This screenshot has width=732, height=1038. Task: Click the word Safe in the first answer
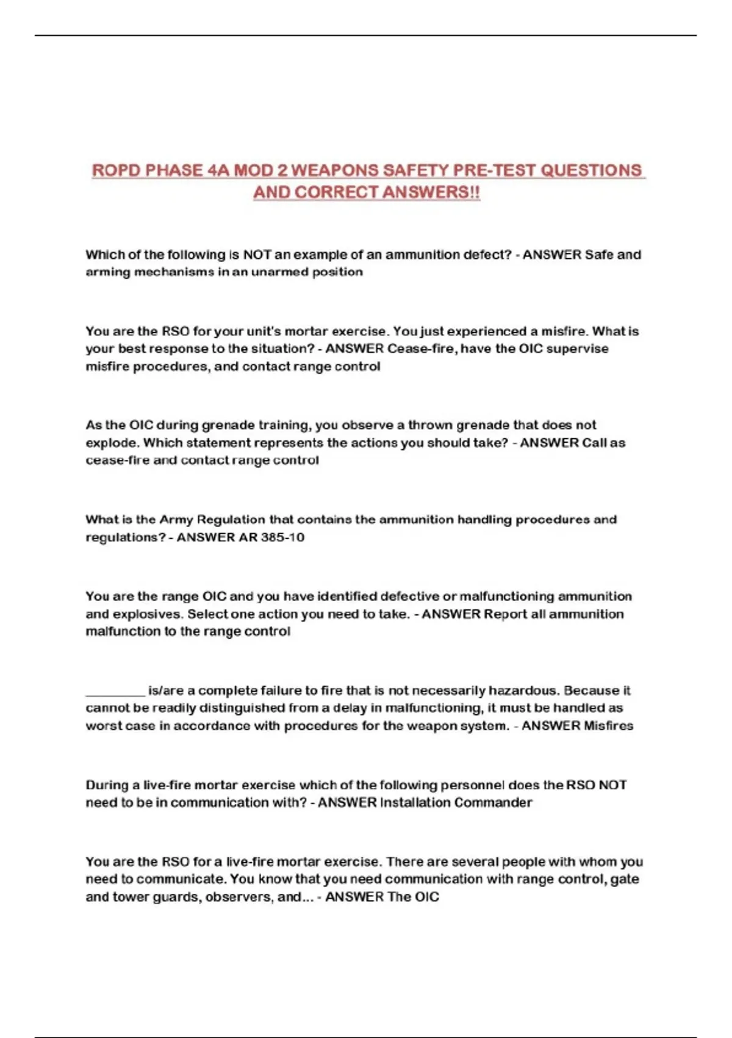click(x=599, y=255)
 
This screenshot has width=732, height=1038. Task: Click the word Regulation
click(x=229, y=520)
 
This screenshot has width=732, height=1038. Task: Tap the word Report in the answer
click(x=505, y=614)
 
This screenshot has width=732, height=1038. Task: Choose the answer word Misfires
click(x=608, y=725)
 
